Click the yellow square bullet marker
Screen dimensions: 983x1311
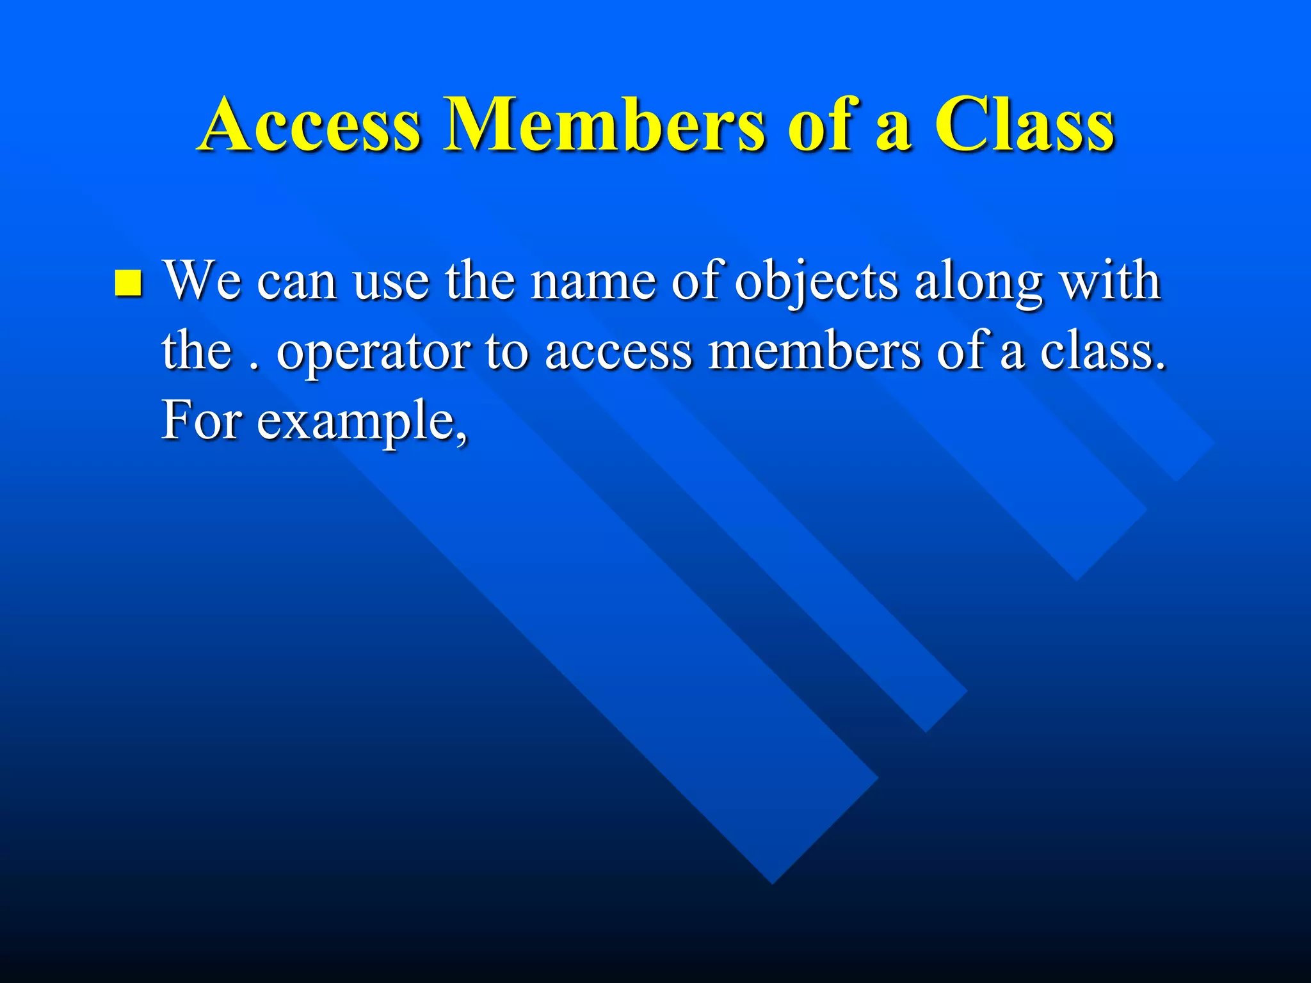[128, 284]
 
